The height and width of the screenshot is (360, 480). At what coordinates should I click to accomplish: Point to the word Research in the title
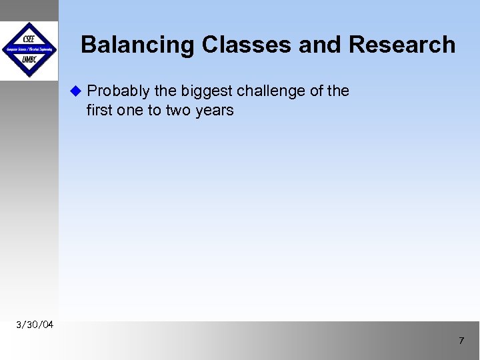pos(402,45)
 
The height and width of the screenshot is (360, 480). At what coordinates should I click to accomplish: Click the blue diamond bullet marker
pos(75,90)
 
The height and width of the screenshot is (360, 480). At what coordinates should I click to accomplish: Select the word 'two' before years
pos(179,110)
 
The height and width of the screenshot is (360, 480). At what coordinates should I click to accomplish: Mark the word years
pos(215,110)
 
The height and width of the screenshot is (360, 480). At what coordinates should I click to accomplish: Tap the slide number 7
pos(460,341)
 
